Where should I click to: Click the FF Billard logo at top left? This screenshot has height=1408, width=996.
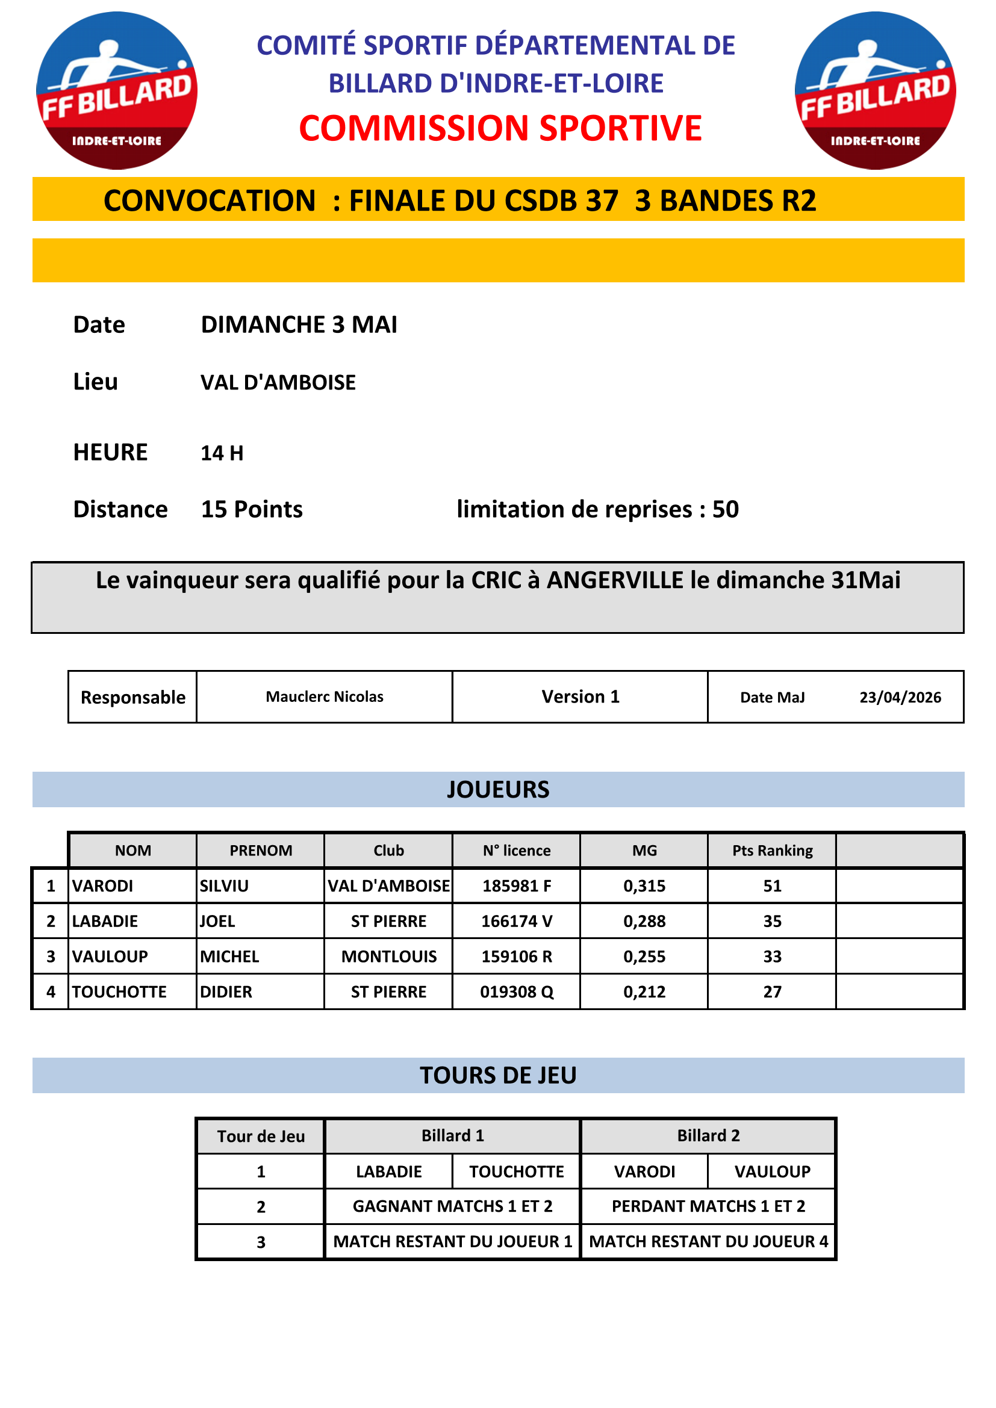tap(117, 91)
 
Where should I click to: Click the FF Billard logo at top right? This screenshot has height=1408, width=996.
tap(875, 91)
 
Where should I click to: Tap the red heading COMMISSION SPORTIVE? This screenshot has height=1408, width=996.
tap(500, 129)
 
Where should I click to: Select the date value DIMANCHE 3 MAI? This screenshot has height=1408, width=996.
tap(299, 324)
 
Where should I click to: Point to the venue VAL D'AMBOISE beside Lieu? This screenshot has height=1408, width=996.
tap(278, 382)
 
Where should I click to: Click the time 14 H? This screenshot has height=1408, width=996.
tap(222, 453)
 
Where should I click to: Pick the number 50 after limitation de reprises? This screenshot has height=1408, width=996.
tap(726, 510)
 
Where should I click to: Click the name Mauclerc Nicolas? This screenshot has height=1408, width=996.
tap(325, 696)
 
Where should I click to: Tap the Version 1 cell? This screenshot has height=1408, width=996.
tap(580, 696)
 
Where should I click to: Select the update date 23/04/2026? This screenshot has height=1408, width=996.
tap(900, 697)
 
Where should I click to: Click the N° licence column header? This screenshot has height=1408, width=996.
tap(517, 851)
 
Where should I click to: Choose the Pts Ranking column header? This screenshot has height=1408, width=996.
tap(772, 851)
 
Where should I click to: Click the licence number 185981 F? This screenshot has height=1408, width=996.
tap(517, 885)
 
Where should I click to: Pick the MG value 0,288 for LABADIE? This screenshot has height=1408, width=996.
tap(644, 921)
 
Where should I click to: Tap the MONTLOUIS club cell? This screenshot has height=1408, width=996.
tap(389, 957)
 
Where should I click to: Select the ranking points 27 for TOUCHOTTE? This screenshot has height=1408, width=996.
tap(772, 991)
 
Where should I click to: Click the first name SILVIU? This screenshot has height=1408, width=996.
tap(225, 885)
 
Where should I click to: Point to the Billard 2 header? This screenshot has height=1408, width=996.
tap(708, 1136)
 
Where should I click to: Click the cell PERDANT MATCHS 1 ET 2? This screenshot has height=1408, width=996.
tap(708, 1206)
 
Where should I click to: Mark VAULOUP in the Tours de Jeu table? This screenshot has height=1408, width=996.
tap(772, 1171)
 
